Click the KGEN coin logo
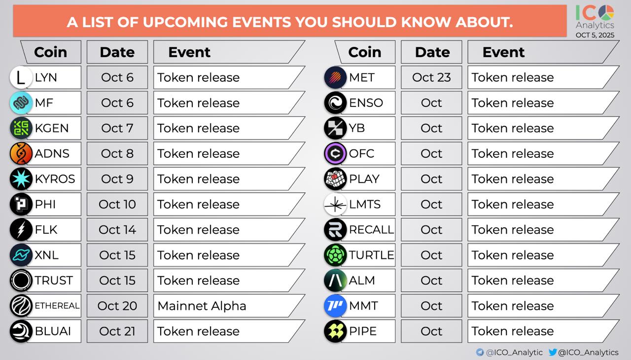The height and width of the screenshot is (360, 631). tap(21, 128)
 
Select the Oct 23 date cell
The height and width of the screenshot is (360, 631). tap(431, 77)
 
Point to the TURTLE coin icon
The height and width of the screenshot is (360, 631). tap(335, 255)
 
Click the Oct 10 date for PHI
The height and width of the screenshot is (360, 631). tap(117, 204)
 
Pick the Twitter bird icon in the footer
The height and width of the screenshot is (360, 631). tap(553, 352)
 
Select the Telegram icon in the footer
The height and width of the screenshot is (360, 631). tap(480, 352)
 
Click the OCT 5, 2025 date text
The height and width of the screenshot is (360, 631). tap(595, 35)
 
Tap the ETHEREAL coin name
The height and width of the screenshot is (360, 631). tap(57, 306)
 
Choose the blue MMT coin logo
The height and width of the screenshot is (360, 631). tap(335, 306)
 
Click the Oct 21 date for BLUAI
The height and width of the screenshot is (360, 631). tap(117, 331)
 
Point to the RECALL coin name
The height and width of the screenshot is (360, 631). tap(371, 230)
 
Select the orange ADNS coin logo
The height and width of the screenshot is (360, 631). tap(21, 153)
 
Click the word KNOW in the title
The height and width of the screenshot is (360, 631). tap(426, 22)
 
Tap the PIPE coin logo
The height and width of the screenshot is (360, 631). tap(335, 331)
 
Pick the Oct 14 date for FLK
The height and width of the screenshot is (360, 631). tap(117, 230)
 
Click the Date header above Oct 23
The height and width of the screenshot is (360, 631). tap(432, 52)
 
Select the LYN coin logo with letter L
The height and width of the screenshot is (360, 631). tap(21, 77)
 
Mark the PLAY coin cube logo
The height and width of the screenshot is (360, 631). tap(335, 179)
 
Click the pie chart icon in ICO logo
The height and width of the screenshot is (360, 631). tap(606, 13)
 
